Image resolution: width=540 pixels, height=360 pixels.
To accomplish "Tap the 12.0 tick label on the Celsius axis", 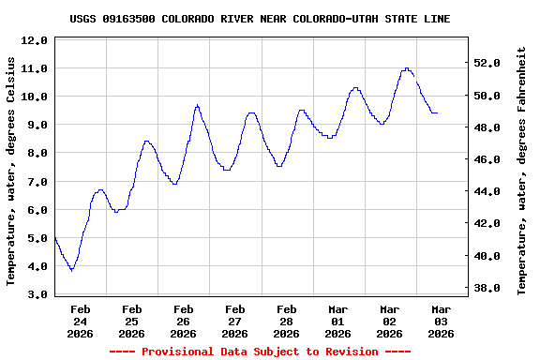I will (x=34, y=40).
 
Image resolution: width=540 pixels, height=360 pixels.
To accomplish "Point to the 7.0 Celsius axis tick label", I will (x=34, y=182).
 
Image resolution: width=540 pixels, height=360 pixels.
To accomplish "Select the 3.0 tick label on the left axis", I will (x=34, y=294).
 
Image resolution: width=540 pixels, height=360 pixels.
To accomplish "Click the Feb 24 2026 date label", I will (x=80, y=321).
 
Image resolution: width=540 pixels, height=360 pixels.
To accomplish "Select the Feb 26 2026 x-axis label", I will (x=183, y=321).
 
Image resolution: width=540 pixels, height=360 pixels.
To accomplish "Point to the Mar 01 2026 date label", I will (x=338, y=321).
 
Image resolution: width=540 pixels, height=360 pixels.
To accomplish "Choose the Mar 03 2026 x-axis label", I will (x=442, y=321).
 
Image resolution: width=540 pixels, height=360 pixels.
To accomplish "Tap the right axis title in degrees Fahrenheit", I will (x=522, y=171).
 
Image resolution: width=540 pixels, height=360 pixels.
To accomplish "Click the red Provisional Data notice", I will (x=260, y=352).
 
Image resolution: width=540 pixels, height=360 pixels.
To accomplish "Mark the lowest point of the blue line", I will (x=71, y=270).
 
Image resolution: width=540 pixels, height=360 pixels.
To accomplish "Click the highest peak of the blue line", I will (x=407, y=68).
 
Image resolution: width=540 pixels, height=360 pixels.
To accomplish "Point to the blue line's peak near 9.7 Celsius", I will (x=197, y=105).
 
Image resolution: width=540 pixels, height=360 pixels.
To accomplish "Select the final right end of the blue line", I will (x=437, y=112).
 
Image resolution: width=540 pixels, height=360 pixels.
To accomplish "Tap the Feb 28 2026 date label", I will (x=287, y=321).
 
